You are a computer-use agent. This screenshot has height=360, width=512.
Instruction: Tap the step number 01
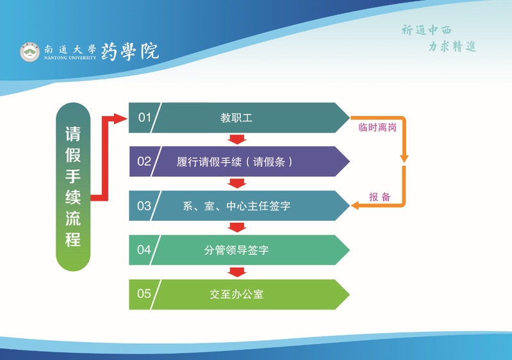point(144,117)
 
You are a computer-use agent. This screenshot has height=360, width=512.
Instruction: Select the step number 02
point(144,161)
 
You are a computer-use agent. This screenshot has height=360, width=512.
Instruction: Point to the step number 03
point(144,206)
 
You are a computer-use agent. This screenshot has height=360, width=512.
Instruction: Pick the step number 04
point(144,250)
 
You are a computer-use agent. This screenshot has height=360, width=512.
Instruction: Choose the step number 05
point(144,294)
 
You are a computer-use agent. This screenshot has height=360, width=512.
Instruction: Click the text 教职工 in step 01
point(236,118)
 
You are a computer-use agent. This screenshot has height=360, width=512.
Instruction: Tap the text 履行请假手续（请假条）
point(235,162)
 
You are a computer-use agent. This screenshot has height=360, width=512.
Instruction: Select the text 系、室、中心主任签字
point(236,206)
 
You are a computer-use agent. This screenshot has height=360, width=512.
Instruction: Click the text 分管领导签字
point(236,250)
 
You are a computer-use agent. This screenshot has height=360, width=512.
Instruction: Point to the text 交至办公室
point(236,295)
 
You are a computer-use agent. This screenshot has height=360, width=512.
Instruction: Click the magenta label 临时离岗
point(377,127)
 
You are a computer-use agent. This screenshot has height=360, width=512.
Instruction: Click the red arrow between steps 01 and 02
point(238,140)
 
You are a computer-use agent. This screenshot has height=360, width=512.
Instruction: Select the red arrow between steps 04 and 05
point(238,272)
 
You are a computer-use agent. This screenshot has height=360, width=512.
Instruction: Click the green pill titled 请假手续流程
point(73,186)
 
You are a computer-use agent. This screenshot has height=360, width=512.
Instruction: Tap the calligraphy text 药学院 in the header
point(130,52)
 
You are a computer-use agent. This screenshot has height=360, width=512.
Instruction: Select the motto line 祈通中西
point(426,30)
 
